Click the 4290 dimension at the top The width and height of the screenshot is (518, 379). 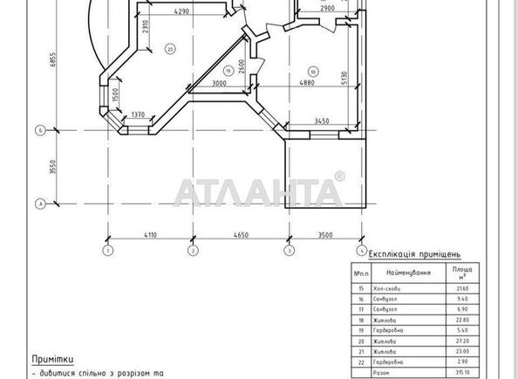click(x=181, y=11)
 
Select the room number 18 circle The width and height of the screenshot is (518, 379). click(x=312, y=71)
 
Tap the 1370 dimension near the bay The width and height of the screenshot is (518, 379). click(x=137, y=114)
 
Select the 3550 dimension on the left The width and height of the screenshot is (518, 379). click(x=53, y=167)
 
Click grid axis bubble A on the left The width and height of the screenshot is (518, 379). click(x=39, y=203)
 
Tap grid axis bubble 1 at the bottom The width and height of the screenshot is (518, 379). click(x=108, y=252)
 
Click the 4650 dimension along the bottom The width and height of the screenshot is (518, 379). click(x=242, y=236)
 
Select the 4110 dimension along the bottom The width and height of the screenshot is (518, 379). click(x=150, y=236)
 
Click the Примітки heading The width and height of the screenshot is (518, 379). click(x=52, y=359)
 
